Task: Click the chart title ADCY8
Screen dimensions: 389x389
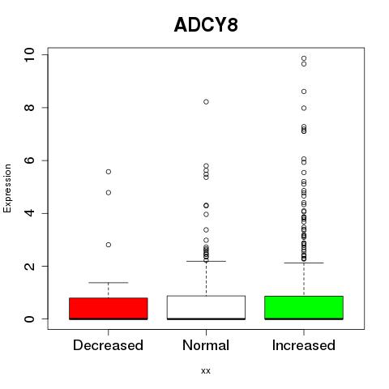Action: click(x=206, y=25)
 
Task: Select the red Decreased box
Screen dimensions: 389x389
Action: click(x=109, y=309)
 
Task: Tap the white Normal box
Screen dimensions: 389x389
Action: click(x=206, y=307)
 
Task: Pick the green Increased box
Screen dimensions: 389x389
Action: click(x=304, y=308)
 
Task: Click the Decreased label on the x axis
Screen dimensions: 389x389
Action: click(x=108, y=345)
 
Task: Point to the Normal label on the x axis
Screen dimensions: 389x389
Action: click(x=206, y=345)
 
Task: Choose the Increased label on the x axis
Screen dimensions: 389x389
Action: click(x=304, y=345)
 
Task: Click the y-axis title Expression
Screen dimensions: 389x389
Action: click(x=7, y=188)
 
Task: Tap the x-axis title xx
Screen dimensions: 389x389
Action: click(x=206, y=371)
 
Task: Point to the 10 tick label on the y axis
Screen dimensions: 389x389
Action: click(x=29, y=55)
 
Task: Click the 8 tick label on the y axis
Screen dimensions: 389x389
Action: click(x=29, y=108)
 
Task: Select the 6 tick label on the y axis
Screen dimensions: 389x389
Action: click(x=29, y=160)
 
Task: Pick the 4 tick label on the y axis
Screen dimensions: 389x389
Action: click(x=29, y=213)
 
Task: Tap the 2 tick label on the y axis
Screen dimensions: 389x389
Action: click(x=29, y=266)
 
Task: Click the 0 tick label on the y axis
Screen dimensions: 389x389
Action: click(x=29, y=319)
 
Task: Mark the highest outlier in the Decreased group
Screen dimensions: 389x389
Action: click(x=109, y=172)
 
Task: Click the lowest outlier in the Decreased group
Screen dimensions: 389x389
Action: click(x=109, y=245)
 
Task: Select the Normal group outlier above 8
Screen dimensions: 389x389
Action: click(x=206, y=102)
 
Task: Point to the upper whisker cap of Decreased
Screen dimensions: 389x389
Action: click(x=109, y=283)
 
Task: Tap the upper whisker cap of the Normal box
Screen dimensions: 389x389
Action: click(x=206, y=261)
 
